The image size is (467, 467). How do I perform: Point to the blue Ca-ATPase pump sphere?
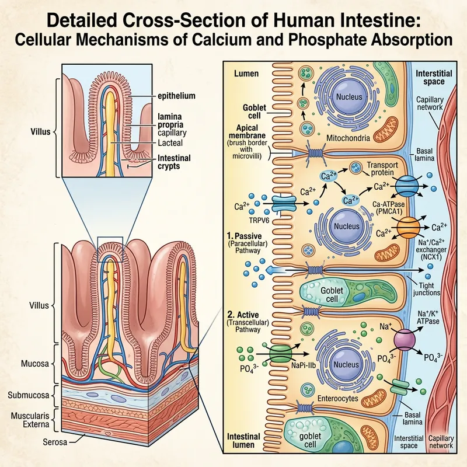[406, 188]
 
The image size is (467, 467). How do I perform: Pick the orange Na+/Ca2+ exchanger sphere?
[409, 226]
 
